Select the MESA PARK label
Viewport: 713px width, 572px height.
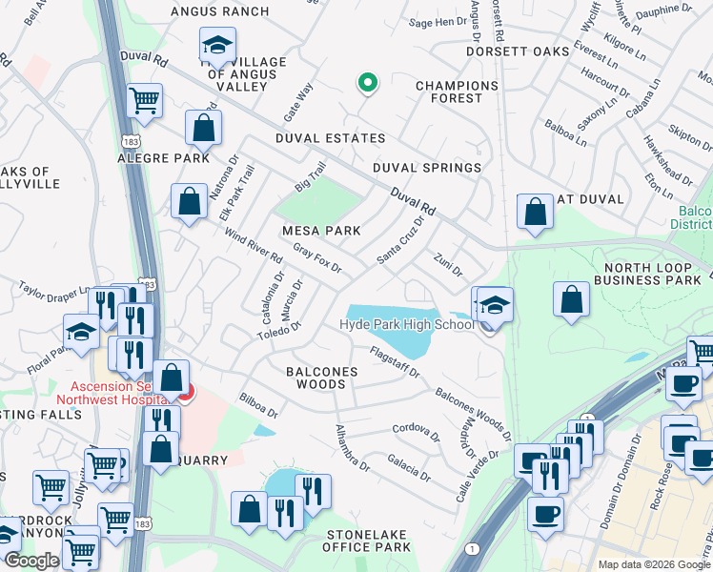[320, 231]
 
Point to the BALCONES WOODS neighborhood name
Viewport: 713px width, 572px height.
[322, 378]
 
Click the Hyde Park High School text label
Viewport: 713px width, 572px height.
[407, 325]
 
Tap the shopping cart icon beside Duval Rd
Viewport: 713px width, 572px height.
[145, 100]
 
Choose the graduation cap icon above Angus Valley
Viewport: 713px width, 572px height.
[216, 45]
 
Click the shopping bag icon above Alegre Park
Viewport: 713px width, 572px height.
[204, 127]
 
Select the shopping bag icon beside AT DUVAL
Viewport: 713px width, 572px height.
[536, 212]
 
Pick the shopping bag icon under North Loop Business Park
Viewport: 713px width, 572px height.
[571, 299]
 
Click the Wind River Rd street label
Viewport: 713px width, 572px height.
[254, 245]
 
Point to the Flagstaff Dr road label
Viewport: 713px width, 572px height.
[395, 366]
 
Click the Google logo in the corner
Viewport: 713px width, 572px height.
[31, 562]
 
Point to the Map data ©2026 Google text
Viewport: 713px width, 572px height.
[653, 564]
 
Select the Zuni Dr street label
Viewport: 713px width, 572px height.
[447, 260]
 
